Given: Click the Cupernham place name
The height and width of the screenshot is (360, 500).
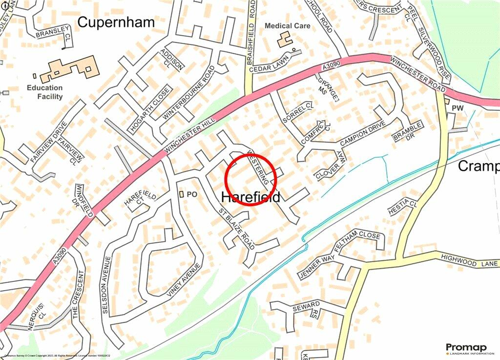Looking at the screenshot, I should pyautogui.click(x=116, y=22).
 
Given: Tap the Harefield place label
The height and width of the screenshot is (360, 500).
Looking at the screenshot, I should pyautogui.click(x=251, y=197).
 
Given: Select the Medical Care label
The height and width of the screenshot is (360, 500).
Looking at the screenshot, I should pyautogui.click(x=287, y=26).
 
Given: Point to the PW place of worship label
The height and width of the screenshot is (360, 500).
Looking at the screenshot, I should pyautogui.click(x=458, y=107).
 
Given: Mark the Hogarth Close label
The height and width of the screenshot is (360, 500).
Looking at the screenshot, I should pyautogui.click(x=150, y=110).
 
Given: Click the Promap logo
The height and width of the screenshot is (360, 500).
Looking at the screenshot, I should pyautogui.click(x=466, y=348).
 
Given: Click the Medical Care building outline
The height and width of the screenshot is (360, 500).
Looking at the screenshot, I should pyautogui.click(x=285, y=39).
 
